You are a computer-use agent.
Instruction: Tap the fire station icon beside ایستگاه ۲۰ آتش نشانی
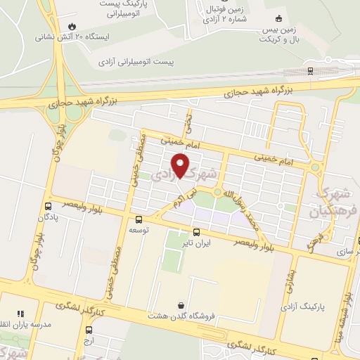click(72, 27)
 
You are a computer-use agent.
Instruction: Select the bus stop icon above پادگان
click(48, 207)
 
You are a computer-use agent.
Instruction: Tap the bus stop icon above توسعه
click(138, 219)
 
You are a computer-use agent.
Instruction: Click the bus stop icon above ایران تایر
click(196, 231)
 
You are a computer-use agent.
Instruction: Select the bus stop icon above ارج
click(89, 330)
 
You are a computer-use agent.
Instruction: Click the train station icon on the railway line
click(310, 70)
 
